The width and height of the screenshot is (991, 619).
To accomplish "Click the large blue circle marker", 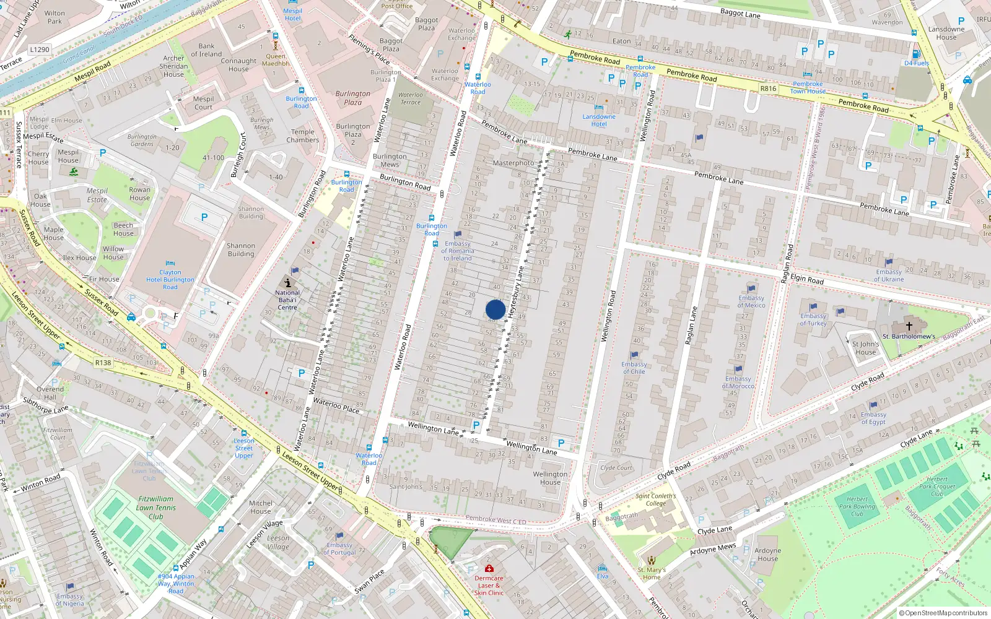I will (495, 309).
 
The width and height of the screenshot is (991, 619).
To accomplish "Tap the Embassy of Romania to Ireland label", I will (457, 251).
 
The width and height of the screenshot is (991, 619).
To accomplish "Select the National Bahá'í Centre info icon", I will (288, 282).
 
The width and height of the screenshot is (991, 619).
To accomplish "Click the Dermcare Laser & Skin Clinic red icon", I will (489, 568).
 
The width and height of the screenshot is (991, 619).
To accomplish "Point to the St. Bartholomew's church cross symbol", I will (909, 326).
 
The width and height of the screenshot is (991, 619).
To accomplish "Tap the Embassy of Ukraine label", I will (889, 275).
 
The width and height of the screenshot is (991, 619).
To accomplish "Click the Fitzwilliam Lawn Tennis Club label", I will (156, 508).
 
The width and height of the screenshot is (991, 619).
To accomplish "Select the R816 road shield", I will (768, 89).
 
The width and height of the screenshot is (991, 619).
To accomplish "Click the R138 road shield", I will (103, 363).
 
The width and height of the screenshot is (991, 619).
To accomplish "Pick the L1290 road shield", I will (40, 50).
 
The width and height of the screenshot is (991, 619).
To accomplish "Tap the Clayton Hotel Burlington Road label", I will (170, 280).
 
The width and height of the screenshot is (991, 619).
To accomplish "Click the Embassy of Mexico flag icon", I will (751, 288).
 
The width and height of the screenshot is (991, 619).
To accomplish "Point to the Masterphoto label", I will (513, 163).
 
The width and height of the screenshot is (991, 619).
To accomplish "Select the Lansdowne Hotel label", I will (599, 120).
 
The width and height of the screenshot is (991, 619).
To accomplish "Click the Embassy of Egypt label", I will (873, 418).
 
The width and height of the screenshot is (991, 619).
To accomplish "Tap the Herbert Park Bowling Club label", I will (857, 506).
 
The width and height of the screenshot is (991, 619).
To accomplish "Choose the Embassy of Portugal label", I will (339, 548).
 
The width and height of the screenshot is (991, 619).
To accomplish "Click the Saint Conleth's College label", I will (656, 500).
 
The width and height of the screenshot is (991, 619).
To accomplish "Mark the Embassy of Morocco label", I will (738, 383).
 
